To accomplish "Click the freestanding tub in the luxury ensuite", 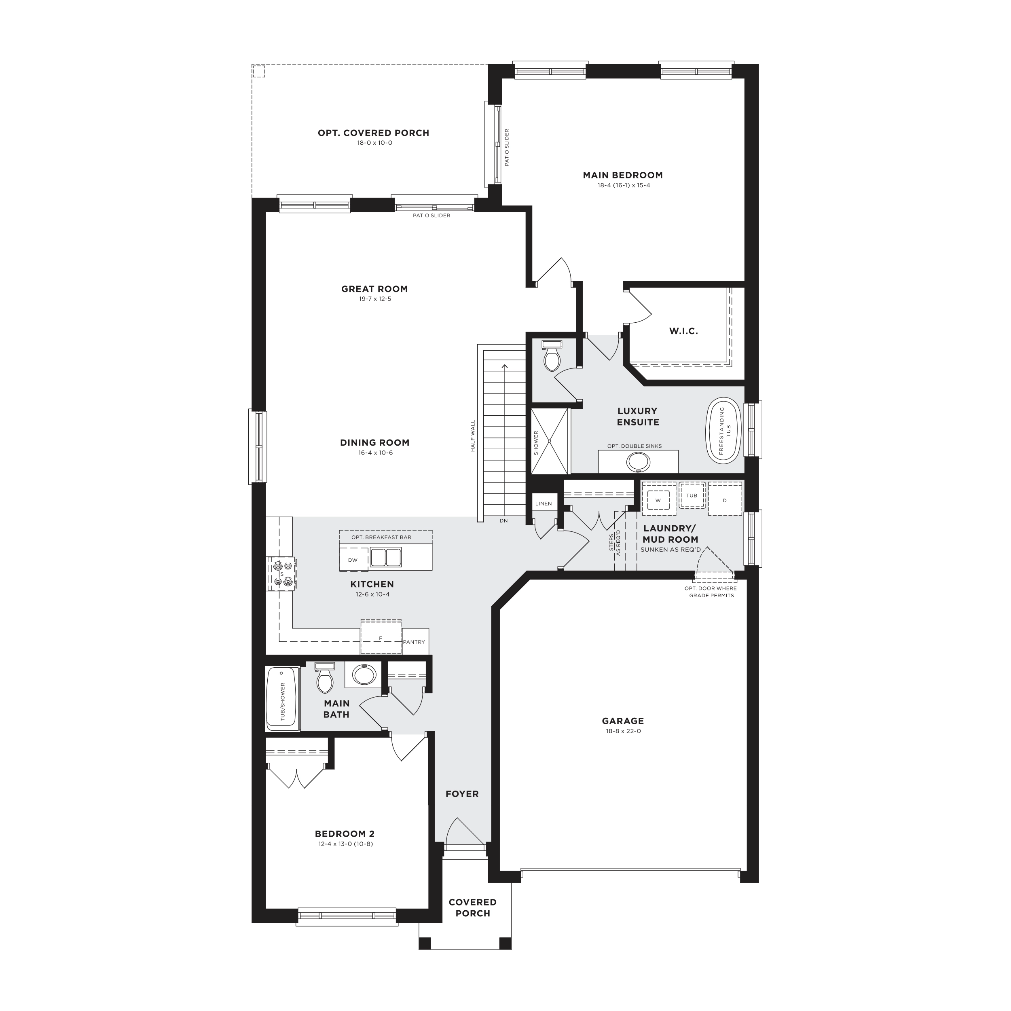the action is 724,431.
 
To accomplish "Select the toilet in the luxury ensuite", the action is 552,355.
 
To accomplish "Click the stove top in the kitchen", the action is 282,573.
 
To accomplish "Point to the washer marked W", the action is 658,500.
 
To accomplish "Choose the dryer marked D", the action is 725,500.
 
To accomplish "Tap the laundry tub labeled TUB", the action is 692,495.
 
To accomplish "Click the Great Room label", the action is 374,289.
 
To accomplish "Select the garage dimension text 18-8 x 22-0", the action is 623,731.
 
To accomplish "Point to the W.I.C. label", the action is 683,331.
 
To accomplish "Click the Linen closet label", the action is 544,503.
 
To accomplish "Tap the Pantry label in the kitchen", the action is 414,642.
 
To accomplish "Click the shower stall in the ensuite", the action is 550,441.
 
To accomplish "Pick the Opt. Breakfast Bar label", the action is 381,537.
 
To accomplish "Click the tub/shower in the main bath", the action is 283,699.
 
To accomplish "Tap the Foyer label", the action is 462,794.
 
